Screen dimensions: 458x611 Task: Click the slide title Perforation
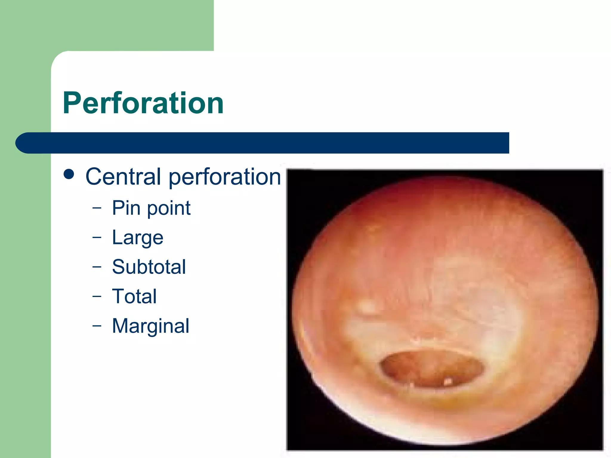coord(143,103)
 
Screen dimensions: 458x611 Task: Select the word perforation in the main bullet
coord(225,177)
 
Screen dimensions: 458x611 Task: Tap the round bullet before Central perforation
coord(69,174)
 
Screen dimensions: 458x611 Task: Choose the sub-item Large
coord(138,238)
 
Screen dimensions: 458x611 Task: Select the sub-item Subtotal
coord(149,267)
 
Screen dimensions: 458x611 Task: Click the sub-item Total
coord(134,296)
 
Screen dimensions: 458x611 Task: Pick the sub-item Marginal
coord(150,326)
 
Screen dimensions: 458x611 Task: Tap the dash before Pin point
coord(97,208)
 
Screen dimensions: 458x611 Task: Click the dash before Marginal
coord(97,326)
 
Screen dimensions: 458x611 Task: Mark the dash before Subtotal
coord(97,267)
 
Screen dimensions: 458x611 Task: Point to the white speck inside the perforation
coord(448,381)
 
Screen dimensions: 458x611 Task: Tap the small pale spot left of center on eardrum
coord(367,307)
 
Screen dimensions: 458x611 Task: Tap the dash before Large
coord(97,237)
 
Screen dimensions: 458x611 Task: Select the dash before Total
coord(97,296)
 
